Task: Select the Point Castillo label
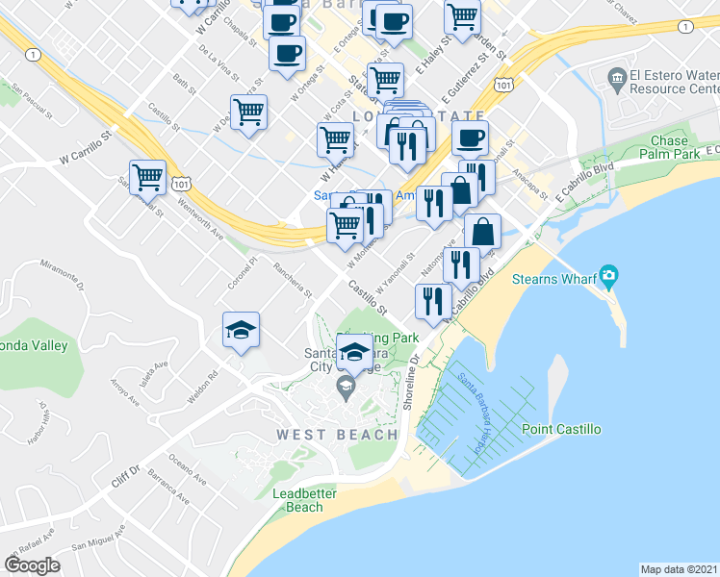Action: pyautogui.click(x=561, y=429)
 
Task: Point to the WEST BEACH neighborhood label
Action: pyautogui.click(x=337, y=435)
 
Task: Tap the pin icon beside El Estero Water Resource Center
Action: pyautogui.click(x=617, y=76)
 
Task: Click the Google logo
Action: pyautogui.click(x=32, y=565)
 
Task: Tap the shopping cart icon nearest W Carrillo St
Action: pyautogui.click(x=147, y=177)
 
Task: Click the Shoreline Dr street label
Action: pyautogui.click(x=412, y=382)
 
